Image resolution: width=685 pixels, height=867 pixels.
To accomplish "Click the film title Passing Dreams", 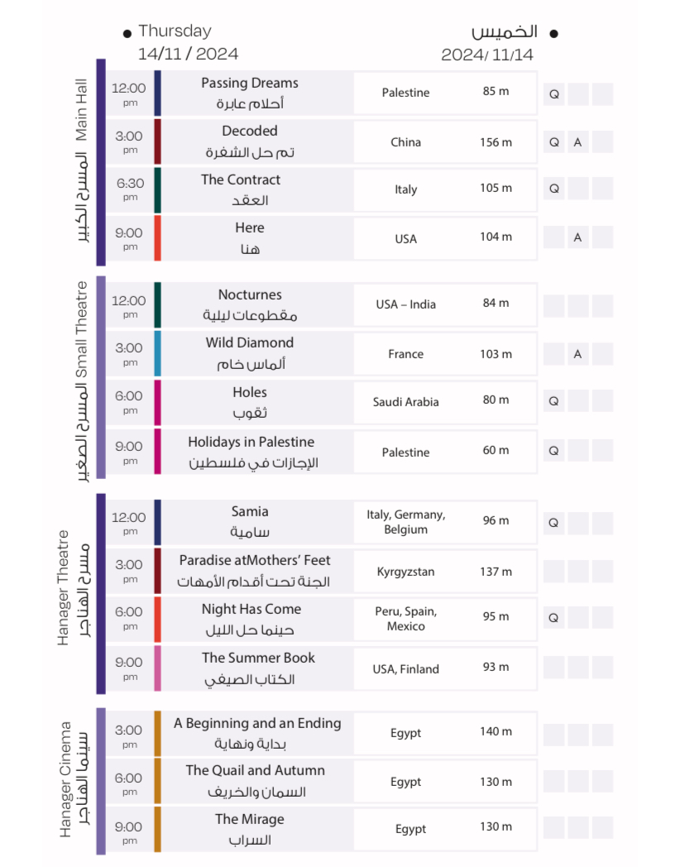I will click(x=249, y=84).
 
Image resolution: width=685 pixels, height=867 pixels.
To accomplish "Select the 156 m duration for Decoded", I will click(x=496, y=142).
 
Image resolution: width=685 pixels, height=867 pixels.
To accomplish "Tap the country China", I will click(x=405, y=142).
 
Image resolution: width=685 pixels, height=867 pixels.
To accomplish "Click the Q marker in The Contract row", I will click(x=554, y=189).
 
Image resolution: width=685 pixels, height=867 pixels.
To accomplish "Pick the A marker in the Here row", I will click(x=577, y=237).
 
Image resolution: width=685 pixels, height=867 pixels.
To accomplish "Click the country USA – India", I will click(x=405, y=304).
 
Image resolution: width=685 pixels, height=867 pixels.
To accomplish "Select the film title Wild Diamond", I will click(x=249, y=342).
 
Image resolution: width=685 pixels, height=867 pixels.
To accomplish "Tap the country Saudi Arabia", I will click(x=405, y=402).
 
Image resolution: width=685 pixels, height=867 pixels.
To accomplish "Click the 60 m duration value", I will click(x=496, y=450).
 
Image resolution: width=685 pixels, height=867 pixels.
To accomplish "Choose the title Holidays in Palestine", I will click(x=251, y=442).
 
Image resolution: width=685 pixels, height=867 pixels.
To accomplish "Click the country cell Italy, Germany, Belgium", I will click(x=405, y=522).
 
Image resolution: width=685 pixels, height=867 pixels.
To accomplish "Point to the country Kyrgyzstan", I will click(x=405, y=572).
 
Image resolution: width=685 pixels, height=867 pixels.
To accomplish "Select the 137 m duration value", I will click(x=496, y=572).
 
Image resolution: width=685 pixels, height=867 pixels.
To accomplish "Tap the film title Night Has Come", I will click(x=251, y=609).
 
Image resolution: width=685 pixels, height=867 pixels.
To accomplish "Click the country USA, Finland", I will click(x=405, y=669).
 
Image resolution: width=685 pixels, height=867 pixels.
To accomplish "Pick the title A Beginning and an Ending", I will click(x=256, y=723).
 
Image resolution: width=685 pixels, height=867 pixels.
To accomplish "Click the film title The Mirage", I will click(x=249, y=819).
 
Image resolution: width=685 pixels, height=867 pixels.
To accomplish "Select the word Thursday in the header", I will click(x=175, y=31).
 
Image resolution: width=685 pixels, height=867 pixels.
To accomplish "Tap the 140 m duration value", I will click(x=496, y=731).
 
